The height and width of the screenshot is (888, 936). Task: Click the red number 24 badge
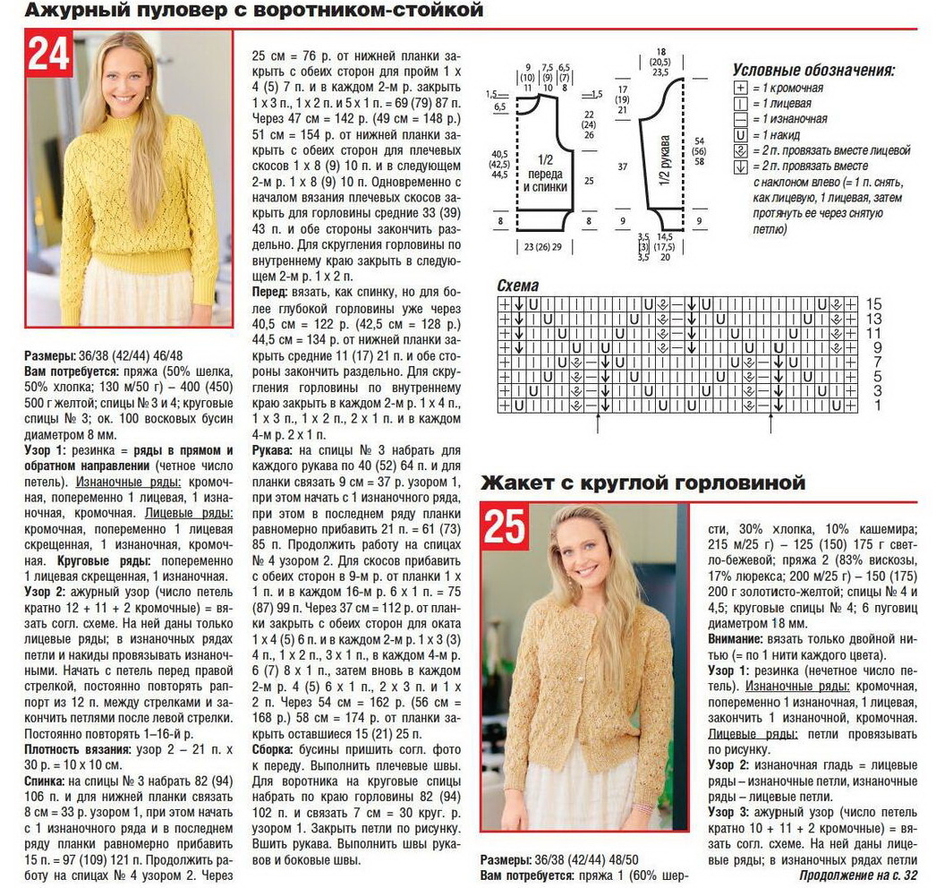pos(49,55)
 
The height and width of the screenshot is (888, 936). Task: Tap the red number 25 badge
pos(504,525)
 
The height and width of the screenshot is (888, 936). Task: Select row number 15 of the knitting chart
pos(875,304)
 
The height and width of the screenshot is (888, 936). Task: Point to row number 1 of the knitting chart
pos(875,406)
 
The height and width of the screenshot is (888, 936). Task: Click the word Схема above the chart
pos(518,286)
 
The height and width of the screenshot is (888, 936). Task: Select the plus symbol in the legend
pos(740,89)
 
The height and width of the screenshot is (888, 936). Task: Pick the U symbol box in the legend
pos(740,134)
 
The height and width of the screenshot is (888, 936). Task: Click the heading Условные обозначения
pos(813,70)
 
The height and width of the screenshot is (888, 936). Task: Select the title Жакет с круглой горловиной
pos(643,483)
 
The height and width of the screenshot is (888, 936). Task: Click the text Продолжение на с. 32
pos(858,875)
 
